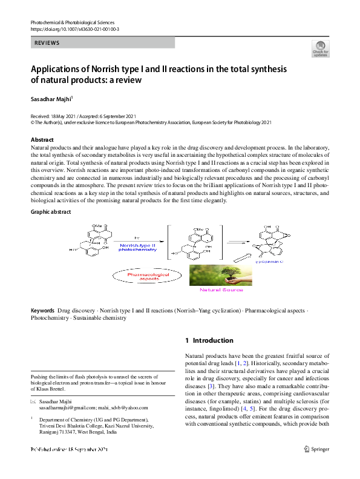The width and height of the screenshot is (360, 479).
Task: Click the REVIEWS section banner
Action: (x=103, y=43)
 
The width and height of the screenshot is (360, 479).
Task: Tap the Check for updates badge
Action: (x=320, y=49)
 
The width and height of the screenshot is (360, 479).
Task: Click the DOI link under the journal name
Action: (x=74, y=29)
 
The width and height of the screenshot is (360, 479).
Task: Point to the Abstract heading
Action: (x=42, y=140)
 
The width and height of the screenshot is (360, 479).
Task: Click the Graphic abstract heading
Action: (x=51, y=212)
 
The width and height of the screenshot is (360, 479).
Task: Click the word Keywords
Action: (x=43, y=311)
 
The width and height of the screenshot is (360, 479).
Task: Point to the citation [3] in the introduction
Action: (x=211, y=386)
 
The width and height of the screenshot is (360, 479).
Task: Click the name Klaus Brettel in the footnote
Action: (x=53, y=389)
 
